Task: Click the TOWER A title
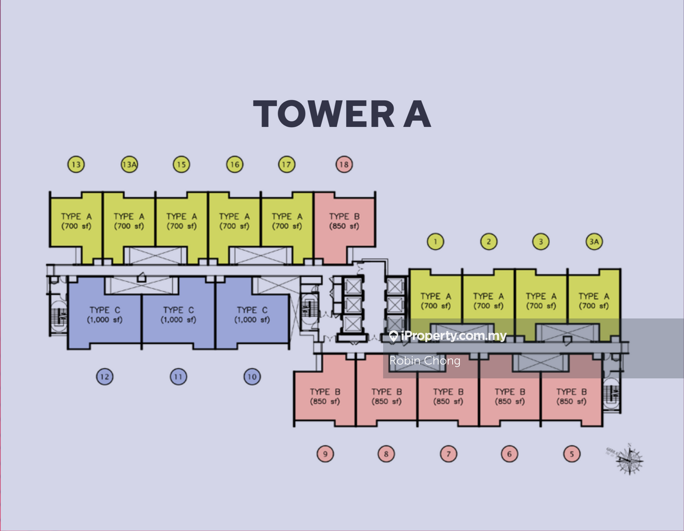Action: tap(342, 114)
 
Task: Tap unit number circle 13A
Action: tap(129, 165)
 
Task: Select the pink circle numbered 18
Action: tap(344, 165)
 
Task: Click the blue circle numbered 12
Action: tap(104, 377)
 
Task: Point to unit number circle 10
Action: tap(252, 377)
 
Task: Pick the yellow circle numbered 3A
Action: tap(594, 242)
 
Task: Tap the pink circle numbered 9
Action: tap(325, 454)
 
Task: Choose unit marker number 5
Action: tap(571, 454)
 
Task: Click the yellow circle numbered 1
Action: tap(435, 242)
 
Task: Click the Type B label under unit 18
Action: tap(344, 221)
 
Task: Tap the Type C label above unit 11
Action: tap(178, 315)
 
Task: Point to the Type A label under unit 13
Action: tap(76, 221)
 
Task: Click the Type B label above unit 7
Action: tap(448, 397)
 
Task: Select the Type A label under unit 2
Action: tap(488, 301)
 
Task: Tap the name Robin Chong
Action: tap(425, 361)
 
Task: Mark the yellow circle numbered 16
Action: tap(235, 165)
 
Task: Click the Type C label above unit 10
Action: tap(252, 315)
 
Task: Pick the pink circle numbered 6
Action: tap(509, 454)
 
